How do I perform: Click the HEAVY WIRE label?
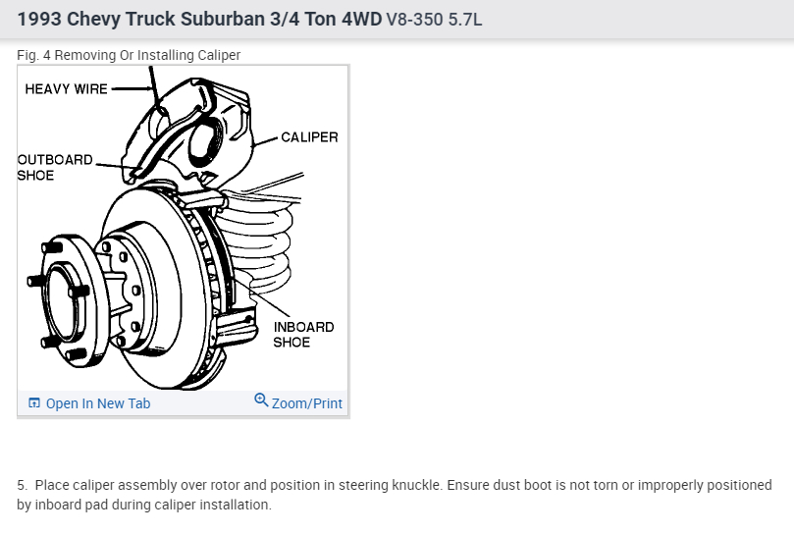click(x=66, y=88)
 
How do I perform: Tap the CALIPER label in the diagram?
click(x=308, y=137)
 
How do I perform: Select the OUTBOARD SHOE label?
click(x=55, y=167)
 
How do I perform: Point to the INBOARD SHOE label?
click(x=303, y=335)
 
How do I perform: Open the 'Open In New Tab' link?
click(x=97, y=403)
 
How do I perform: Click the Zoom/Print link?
click(x=307, y=403)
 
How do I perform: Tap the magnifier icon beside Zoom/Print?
click(x=261, y=400)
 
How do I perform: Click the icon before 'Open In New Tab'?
click(x=34, y=403)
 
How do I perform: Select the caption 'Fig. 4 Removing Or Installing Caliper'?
click(x=129, y=55)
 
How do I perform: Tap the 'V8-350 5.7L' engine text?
click(x=436, y=20)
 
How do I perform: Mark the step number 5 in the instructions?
click(x=22, y=485)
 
